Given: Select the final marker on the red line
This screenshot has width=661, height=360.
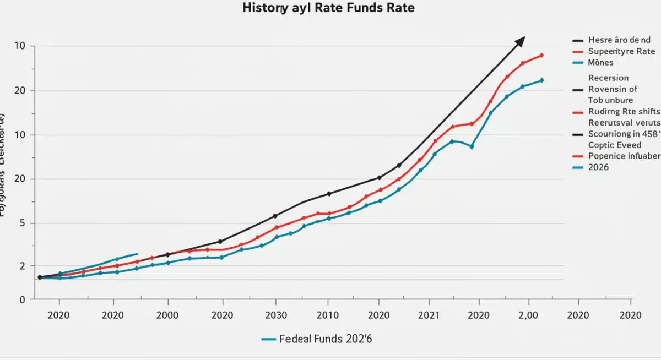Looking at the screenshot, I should coord(541,55).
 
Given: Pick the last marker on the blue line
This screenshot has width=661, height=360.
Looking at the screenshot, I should coord(541,80).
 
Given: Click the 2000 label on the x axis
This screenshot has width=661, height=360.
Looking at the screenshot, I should coord(168,315).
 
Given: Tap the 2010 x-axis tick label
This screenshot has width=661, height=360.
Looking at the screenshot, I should coord(328,315).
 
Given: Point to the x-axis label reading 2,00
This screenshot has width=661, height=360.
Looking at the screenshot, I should coord(528,315).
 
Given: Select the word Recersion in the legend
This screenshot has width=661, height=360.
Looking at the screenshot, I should coord(608,78).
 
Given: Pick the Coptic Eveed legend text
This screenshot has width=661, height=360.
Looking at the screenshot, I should coord(615,145).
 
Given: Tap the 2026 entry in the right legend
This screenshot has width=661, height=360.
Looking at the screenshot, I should coord(599,167).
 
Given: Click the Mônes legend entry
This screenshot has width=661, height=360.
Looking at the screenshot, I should coord(601,63).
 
